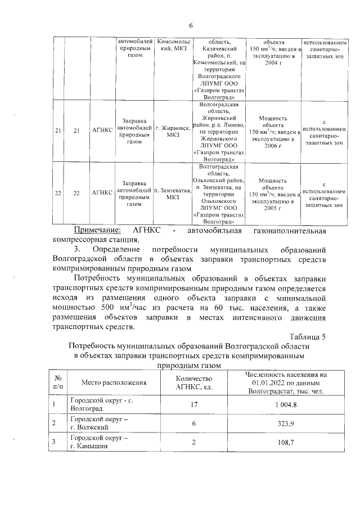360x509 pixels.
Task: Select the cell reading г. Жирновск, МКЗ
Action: (173, 131)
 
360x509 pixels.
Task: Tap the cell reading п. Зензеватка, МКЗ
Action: (173, 193)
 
